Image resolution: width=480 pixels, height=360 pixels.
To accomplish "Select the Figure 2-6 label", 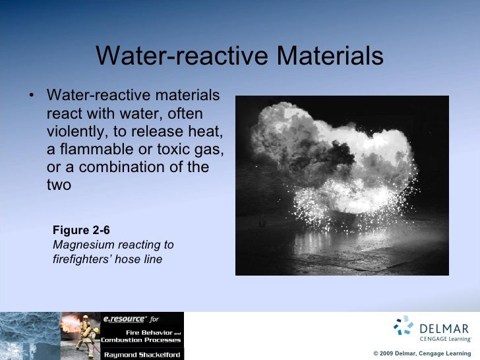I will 81,230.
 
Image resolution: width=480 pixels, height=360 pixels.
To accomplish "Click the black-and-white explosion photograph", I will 342,185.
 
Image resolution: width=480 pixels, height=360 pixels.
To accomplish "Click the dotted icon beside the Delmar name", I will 403,326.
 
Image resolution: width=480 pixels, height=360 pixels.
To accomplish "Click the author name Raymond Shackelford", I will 142,354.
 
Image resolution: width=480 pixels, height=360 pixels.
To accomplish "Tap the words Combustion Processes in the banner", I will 140,340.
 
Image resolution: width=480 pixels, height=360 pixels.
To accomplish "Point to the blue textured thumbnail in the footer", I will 30,336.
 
